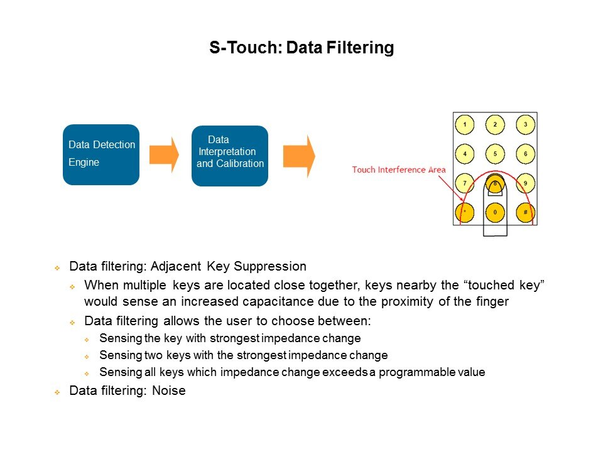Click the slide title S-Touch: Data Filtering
301,48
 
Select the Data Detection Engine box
101,154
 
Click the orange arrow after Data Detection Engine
164,154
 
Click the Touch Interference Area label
399,169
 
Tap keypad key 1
464,125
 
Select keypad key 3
525,125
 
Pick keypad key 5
495,154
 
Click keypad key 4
464,154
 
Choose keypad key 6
525,154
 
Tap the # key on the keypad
525,212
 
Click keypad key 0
495,212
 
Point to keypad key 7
464,183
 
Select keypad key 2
495,125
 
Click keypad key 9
525,183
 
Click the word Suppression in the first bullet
276,266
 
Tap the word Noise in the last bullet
170,391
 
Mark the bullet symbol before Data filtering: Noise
57,392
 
